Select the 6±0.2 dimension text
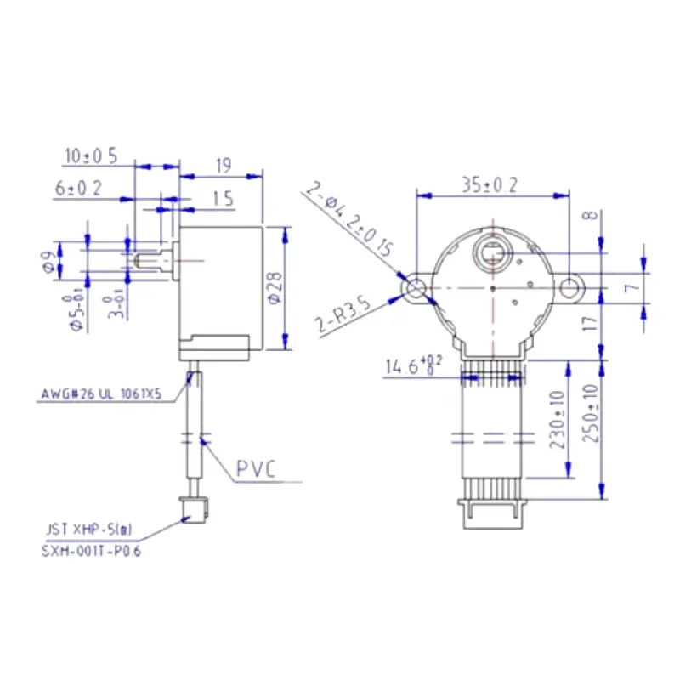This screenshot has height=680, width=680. tap(79, 189)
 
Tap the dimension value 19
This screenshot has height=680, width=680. tap(224, 167)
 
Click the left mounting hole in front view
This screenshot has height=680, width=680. tap(416, 288)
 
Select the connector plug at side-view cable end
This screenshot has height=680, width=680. tap(191, 508)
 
